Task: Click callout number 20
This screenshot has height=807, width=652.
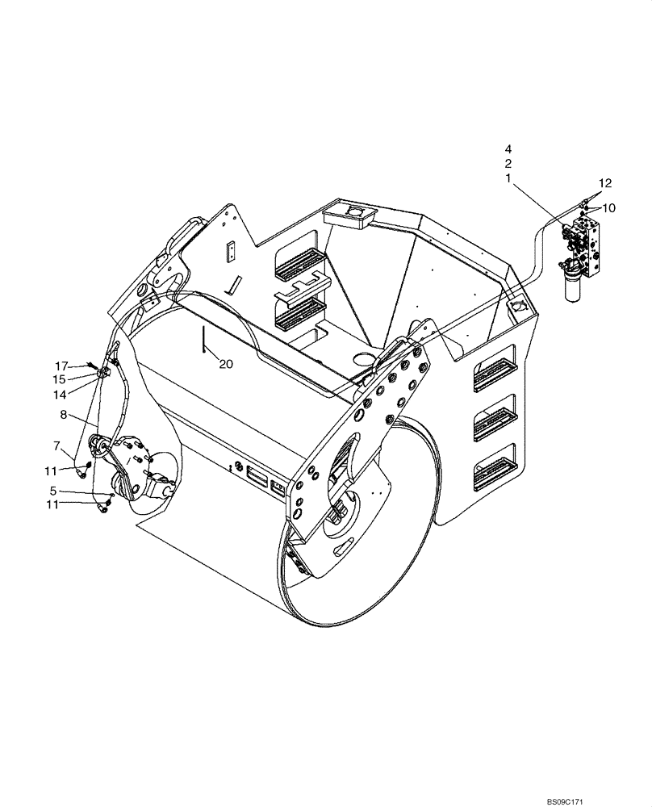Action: coord(226,364)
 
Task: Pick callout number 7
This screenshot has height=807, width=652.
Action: coord(56,445)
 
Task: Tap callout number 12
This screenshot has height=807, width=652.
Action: coord(605,182)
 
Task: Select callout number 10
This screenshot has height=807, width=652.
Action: coord(608,208)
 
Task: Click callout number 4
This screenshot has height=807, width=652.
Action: coord(508,149)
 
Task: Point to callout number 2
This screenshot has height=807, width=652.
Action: coord(508,164)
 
